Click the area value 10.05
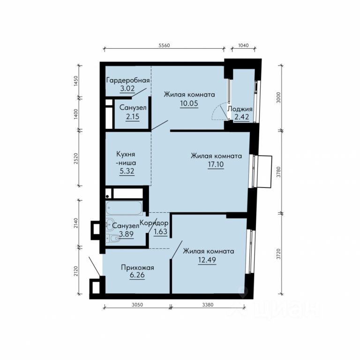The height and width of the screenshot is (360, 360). [x=189, y=103]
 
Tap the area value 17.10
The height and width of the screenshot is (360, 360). [x=216, y=165]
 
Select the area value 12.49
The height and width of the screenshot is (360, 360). [x=207, y=260]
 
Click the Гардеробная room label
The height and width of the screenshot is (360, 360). [x=128, y=81]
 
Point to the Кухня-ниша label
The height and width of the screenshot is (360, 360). [x=126, y=158]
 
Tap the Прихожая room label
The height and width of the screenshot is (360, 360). [x=137, y=268]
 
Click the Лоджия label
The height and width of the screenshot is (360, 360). [x=240, y=109]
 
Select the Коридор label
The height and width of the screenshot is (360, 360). [x=154, y=223]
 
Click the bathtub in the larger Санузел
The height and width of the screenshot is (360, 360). [x=124, y=208]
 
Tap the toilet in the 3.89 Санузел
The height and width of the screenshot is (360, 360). [x=113, y=239]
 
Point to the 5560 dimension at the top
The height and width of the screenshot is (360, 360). [x=165, y=45]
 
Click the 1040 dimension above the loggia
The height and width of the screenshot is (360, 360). [x=243, y=45]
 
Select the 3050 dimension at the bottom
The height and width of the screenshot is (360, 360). [x=137, y=305]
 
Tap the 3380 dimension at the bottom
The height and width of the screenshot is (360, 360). [x=208, y=305]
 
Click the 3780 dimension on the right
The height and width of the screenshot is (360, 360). [x=278, y=172]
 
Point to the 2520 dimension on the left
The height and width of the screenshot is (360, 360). [x=76, y=158]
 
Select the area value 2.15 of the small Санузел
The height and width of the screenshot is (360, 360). [x=133, y=117]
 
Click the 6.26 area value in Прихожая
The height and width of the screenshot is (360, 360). [x=137, y=275]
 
